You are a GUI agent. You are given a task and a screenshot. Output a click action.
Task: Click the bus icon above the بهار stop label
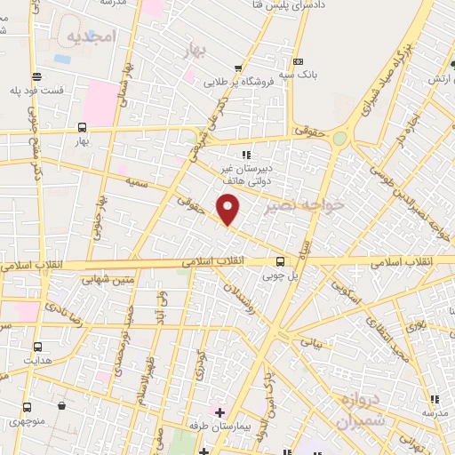(x=82, y=127)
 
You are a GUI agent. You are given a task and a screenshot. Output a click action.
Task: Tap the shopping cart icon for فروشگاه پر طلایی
(x=237, y=68)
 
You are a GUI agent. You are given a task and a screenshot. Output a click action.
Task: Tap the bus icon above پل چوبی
(x=280, y=261)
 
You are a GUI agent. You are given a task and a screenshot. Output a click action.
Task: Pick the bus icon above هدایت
(x=38, y=347)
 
